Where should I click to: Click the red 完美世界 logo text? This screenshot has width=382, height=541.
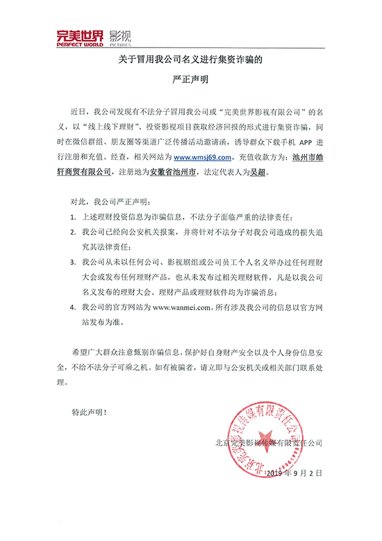(79, 37)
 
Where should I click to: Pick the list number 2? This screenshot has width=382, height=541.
(74, 234)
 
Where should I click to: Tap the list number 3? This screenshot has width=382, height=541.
(74, 263)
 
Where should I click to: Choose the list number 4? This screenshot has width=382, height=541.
(74, 307)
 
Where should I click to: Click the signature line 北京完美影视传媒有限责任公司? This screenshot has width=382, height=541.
(270, 443)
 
